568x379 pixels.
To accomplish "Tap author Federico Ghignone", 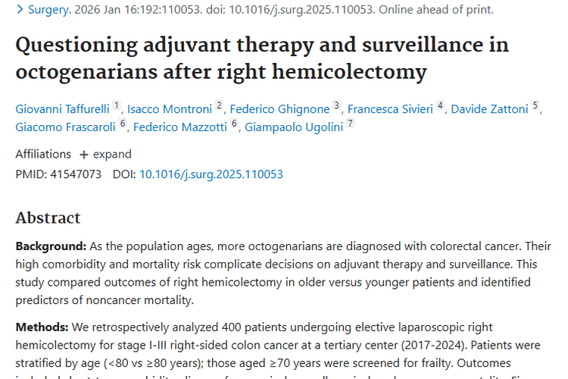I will click(280, 109).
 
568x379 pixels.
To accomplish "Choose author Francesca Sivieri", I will click(389, 109).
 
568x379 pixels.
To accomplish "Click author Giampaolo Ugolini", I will click(292, 127).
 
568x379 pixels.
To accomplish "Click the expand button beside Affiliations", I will click(105, 154).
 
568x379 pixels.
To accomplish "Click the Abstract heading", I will click(48, 218).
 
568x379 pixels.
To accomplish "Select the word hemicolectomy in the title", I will click(367, 72).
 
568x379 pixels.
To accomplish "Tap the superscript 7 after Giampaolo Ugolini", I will click(350, 124).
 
